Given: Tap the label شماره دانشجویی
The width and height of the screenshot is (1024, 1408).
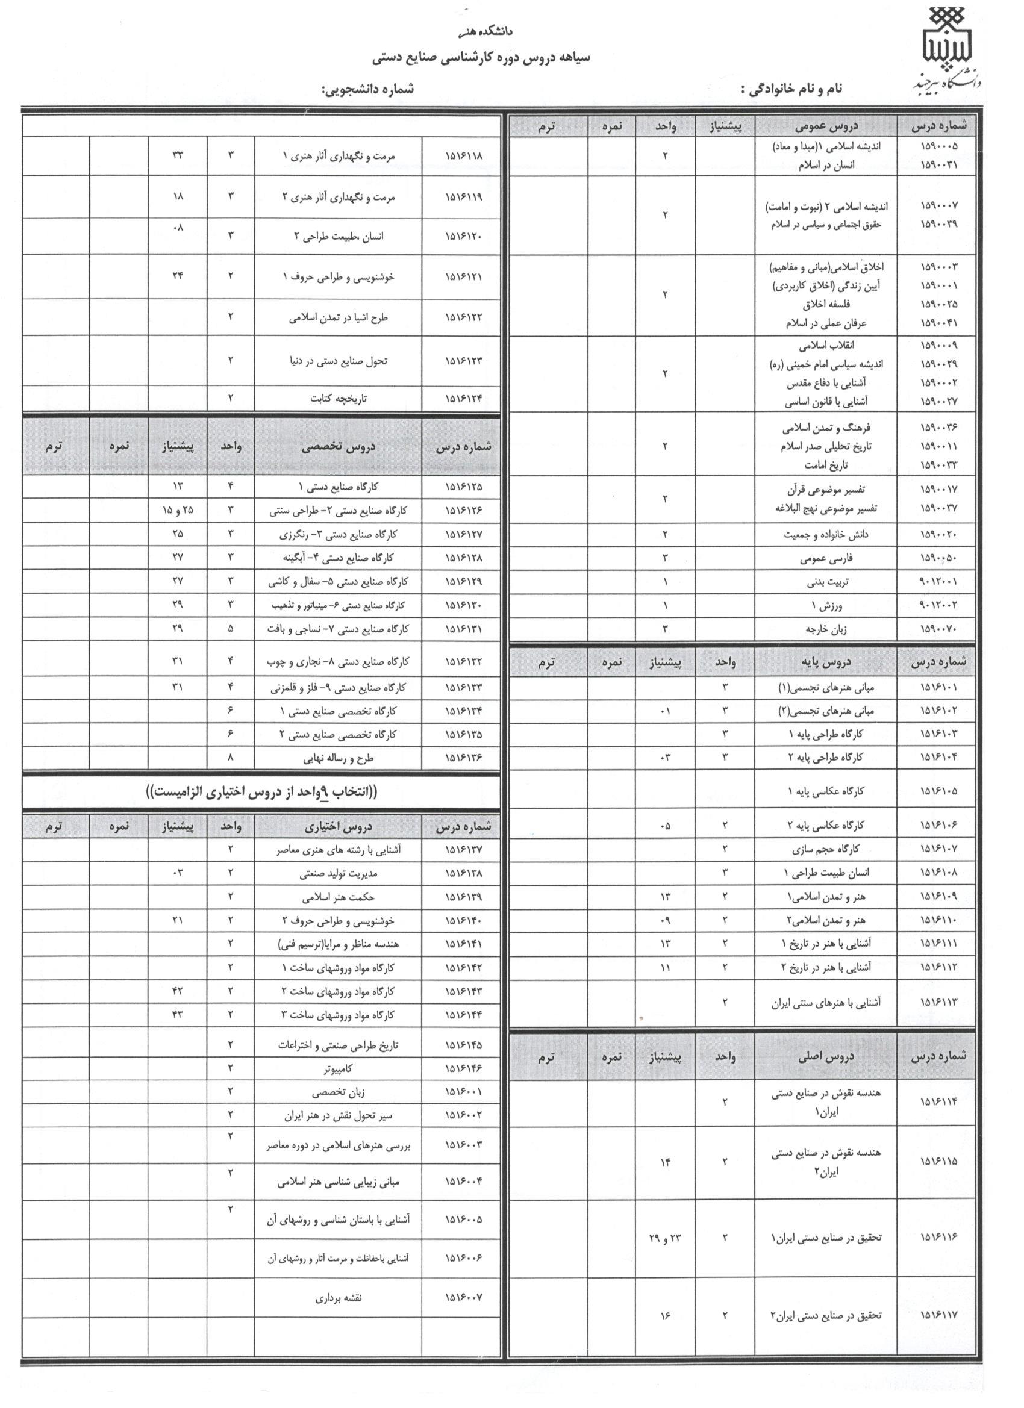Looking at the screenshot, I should point(367,89).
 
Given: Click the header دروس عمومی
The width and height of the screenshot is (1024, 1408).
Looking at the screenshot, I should point(826,126).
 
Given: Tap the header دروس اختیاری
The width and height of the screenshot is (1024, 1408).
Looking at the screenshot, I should point(338,827).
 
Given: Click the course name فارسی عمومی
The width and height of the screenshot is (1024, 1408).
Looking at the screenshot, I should point(826,558).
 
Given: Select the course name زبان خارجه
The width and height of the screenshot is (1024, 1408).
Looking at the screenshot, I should point(826,629).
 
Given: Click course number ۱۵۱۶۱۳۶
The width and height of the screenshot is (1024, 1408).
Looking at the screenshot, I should point(463,758).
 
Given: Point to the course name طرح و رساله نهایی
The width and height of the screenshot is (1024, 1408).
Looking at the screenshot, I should point(339,758).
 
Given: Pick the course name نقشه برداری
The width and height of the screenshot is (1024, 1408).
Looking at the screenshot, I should point(339,1298).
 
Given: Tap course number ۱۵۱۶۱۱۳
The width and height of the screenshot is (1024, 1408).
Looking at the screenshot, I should point(938,1002).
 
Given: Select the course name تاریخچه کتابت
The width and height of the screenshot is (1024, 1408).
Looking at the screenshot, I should point(339,399).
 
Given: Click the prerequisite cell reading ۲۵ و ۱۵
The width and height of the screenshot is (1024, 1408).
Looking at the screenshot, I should point(178,510).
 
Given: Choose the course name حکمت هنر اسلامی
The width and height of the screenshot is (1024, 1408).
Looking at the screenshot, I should point(339,897).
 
